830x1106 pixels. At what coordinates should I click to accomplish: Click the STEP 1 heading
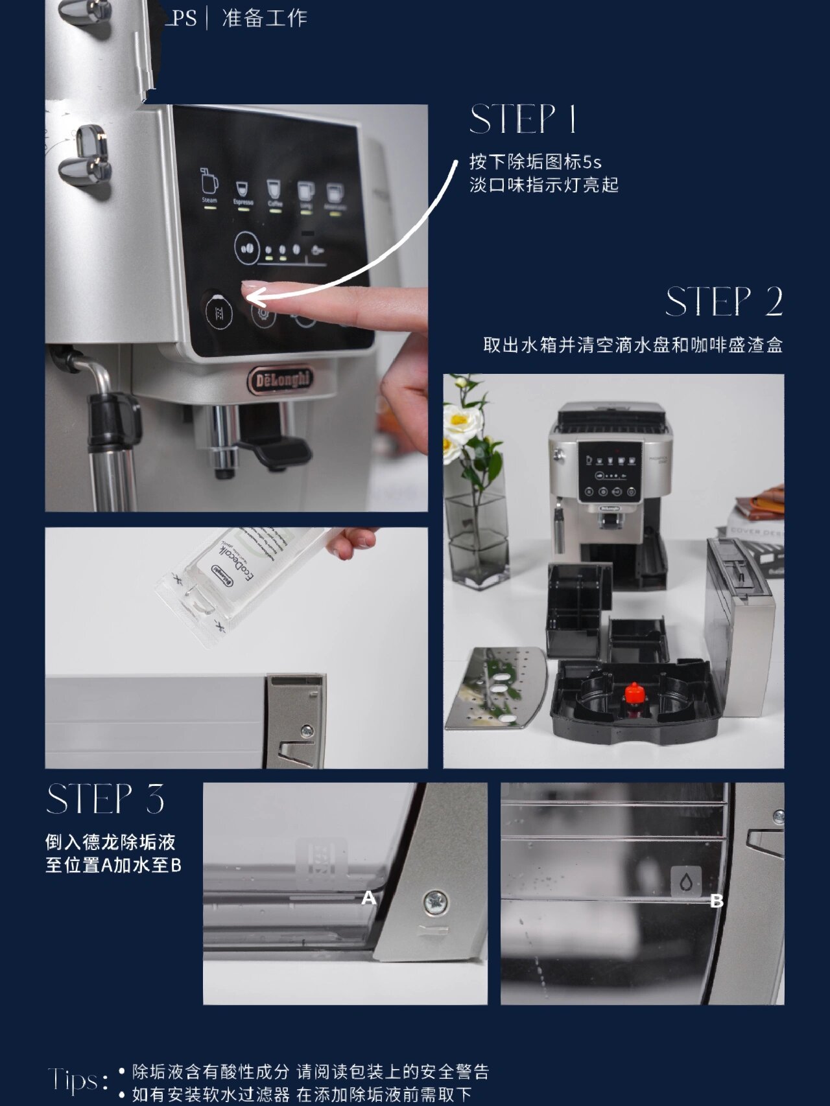tap(523, 120)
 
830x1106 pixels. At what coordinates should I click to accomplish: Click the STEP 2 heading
tap(724, 303)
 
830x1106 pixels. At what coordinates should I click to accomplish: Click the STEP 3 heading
tap(106, 799)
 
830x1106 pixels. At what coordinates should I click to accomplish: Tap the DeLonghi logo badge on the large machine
tap(280, 380)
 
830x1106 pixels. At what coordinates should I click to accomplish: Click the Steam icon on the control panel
tap(209, 185)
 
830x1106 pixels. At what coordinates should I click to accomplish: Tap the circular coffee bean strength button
tap(246, 248)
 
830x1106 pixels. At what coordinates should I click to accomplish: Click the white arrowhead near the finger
tap(254, 297)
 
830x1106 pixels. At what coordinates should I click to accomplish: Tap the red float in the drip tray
tap(634, 693)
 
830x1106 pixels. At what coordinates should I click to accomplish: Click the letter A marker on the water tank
tap(368, 898)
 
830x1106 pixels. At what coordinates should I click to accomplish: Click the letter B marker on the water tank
tap(717, 901)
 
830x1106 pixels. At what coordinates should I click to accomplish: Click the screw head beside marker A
tap(434, 902)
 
